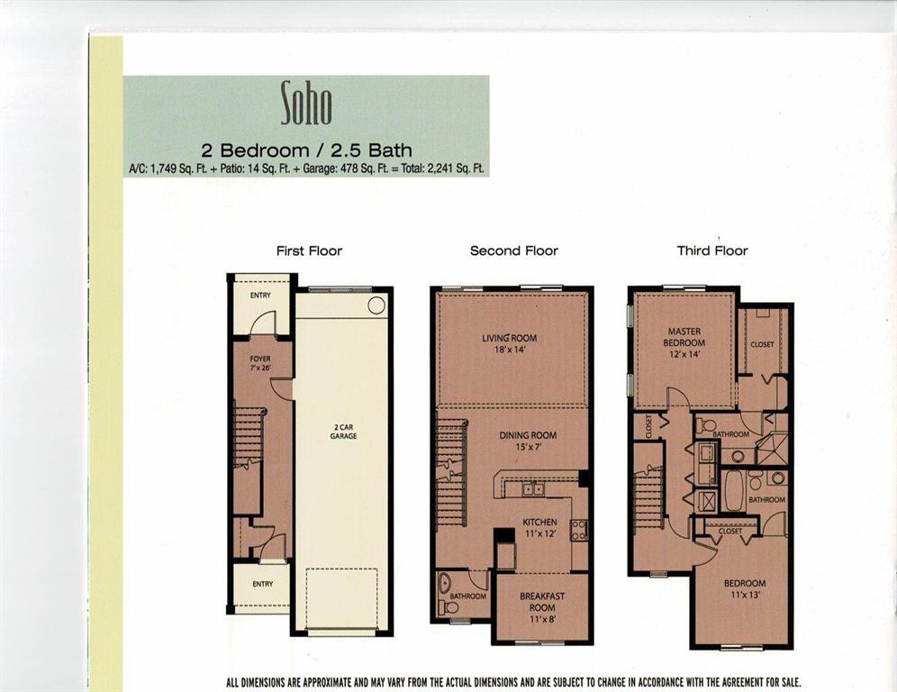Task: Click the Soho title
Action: pyautogui.click(x=306, y=103)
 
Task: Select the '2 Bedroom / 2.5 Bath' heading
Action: pyautogui.click(x=306, y=150)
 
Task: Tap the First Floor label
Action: pyautogui.click(x=309, y=250)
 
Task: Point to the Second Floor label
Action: pyautogui.click(x=513, y=250)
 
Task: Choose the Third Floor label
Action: pyautogui.click(x=712, y=250)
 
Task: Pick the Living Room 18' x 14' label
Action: pyautogui.click(x=510, y=343)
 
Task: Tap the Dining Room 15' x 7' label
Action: pyautogui.click(x=528, y=441)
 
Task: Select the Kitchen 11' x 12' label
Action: pyautogui.click(x=540, y=528)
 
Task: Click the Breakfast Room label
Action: pyautogui.click(x=542, y=602)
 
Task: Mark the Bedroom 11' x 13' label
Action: pyautogui.click(x=745, y=588)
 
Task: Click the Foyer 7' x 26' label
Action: pyautogui.click(x=260, y=364)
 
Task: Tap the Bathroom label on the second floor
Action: pyautogui.click(x=468, y=596)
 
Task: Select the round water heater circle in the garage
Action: pyautogui.click(x=376, y=305)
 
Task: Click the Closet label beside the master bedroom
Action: pyautogui.click(x=762, y=344)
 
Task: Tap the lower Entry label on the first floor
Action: pyautogui.click(x=262, y=584)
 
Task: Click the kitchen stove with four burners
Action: pyautogui.click(x=579, y=529)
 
